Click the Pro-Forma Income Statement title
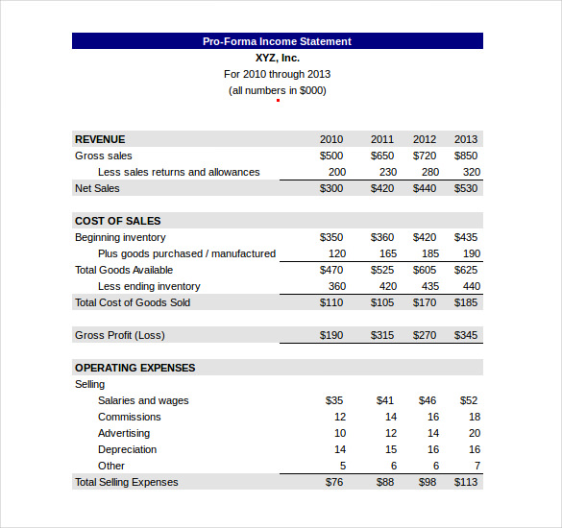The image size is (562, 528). tap(277, 41)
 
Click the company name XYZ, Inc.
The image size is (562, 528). tap(277, 58)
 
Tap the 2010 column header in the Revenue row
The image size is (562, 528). tap(331, 139)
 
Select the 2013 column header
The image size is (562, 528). tap(466, 139)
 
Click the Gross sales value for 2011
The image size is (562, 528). tap(382, 156)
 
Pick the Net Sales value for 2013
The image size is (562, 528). tap(466, 188)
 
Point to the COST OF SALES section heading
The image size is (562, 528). tap(117, 221)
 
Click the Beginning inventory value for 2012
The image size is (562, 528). tap(425, 237)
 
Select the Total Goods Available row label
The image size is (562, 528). tap(124, 270)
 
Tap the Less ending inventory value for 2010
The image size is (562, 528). tap(337, 286)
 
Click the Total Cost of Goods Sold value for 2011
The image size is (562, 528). tap(382, 302)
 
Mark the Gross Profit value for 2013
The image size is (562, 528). tap(466, 335)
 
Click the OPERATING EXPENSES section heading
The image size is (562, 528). tap(134, 368)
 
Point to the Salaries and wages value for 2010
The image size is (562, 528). tap(334, 400)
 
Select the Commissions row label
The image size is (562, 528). tap(129, 417)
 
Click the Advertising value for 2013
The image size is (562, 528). tap(475, 433)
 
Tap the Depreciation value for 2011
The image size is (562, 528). tap(391, 449)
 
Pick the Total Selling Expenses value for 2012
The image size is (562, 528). tap(427, 482)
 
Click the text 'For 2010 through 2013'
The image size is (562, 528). tap(277, 74)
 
